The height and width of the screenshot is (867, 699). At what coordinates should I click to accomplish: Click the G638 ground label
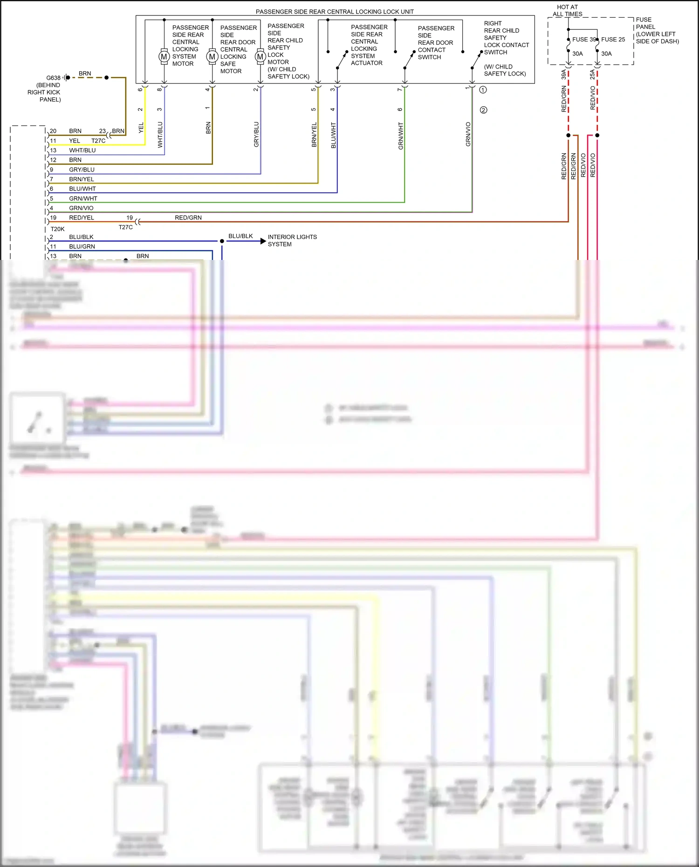53,78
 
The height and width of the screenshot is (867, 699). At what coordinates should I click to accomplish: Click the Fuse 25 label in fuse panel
613,40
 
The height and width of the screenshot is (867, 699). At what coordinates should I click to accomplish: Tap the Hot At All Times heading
567,11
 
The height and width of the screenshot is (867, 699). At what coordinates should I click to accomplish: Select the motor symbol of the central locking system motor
164,56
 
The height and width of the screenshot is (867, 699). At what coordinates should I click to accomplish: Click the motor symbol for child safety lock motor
260,57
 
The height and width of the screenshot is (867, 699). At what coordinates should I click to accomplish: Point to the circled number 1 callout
483,89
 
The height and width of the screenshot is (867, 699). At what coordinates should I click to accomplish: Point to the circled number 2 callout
483,110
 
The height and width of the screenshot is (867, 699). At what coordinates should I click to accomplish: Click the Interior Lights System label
292,240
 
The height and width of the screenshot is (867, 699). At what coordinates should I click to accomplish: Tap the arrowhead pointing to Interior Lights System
263,241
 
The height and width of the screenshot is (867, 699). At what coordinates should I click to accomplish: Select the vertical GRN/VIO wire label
468,134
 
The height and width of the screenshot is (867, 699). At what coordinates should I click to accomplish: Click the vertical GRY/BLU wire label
256,135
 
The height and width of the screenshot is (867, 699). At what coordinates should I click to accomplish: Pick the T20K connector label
57,229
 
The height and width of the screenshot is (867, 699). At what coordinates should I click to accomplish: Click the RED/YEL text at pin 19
82,218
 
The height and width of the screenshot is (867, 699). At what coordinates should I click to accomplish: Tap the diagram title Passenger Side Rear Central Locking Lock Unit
335,12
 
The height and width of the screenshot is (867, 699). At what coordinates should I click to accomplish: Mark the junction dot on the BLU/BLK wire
222,241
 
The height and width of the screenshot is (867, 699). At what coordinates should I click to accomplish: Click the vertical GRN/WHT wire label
401,136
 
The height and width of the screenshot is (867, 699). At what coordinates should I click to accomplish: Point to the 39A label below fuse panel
563,75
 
